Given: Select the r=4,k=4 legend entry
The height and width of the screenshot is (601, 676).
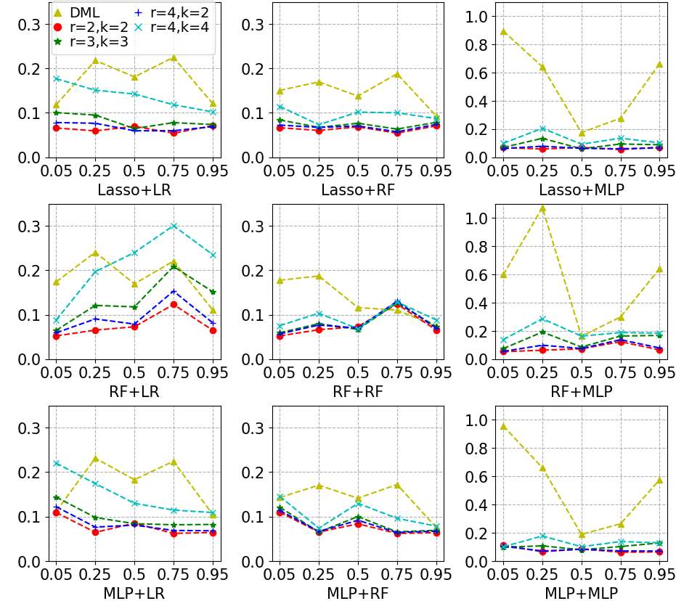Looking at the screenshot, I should (x=179, y=27).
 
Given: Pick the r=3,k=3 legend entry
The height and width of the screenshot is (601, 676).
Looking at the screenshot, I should (x=99, y=42).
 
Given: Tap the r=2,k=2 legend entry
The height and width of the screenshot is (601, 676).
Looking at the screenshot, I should (x=99, y=27).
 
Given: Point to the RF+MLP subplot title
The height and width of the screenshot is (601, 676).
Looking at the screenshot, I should (x=581, y=392).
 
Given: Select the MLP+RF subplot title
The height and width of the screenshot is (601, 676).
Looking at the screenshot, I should (x=358, y=593).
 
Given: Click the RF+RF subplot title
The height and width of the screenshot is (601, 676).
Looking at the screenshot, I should (x=358, y=392).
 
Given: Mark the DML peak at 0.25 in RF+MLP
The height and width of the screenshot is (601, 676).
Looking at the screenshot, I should (x=542, y=208).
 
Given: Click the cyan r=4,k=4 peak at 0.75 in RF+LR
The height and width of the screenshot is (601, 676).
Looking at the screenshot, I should (x=174, y=226).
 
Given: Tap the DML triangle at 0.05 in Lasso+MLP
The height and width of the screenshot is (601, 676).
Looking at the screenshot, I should (x=502, y=32).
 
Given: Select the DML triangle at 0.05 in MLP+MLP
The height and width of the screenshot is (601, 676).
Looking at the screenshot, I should (x=502, y=426).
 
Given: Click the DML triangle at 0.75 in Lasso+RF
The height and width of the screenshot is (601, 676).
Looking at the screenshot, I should (x=397, y=74).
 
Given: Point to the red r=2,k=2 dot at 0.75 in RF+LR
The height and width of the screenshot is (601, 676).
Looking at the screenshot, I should (x=174, y=304).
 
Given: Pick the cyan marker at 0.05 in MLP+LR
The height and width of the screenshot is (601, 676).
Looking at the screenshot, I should (x=57, y=463).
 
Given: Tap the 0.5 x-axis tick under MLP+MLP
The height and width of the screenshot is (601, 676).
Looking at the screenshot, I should (x=581, y=573).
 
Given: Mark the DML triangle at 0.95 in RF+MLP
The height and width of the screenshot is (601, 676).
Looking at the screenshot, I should (x=659, y=269).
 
